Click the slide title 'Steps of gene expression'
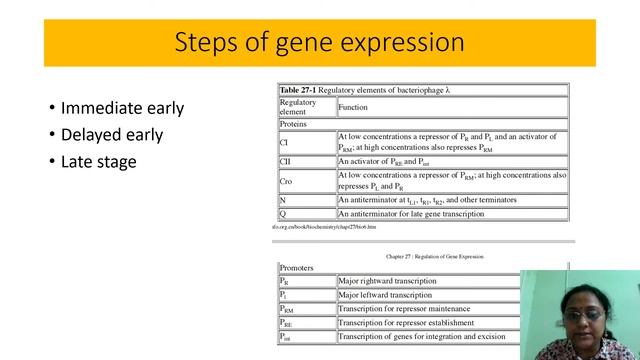[319, 43]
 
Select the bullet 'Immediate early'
[122, 108]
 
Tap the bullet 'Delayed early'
[111, 134]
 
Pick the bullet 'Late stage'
[98, 160]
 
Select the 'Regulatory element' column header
[298, 107]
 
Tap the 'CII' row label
[286, 161]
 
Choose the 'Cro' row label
[286, 180]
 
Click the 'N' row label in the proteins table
[283, 200]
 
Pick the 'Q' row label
[283, 213]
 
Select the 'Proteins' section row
[294, 124]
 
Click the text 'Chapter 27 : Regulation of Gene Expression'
[434, 256]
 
